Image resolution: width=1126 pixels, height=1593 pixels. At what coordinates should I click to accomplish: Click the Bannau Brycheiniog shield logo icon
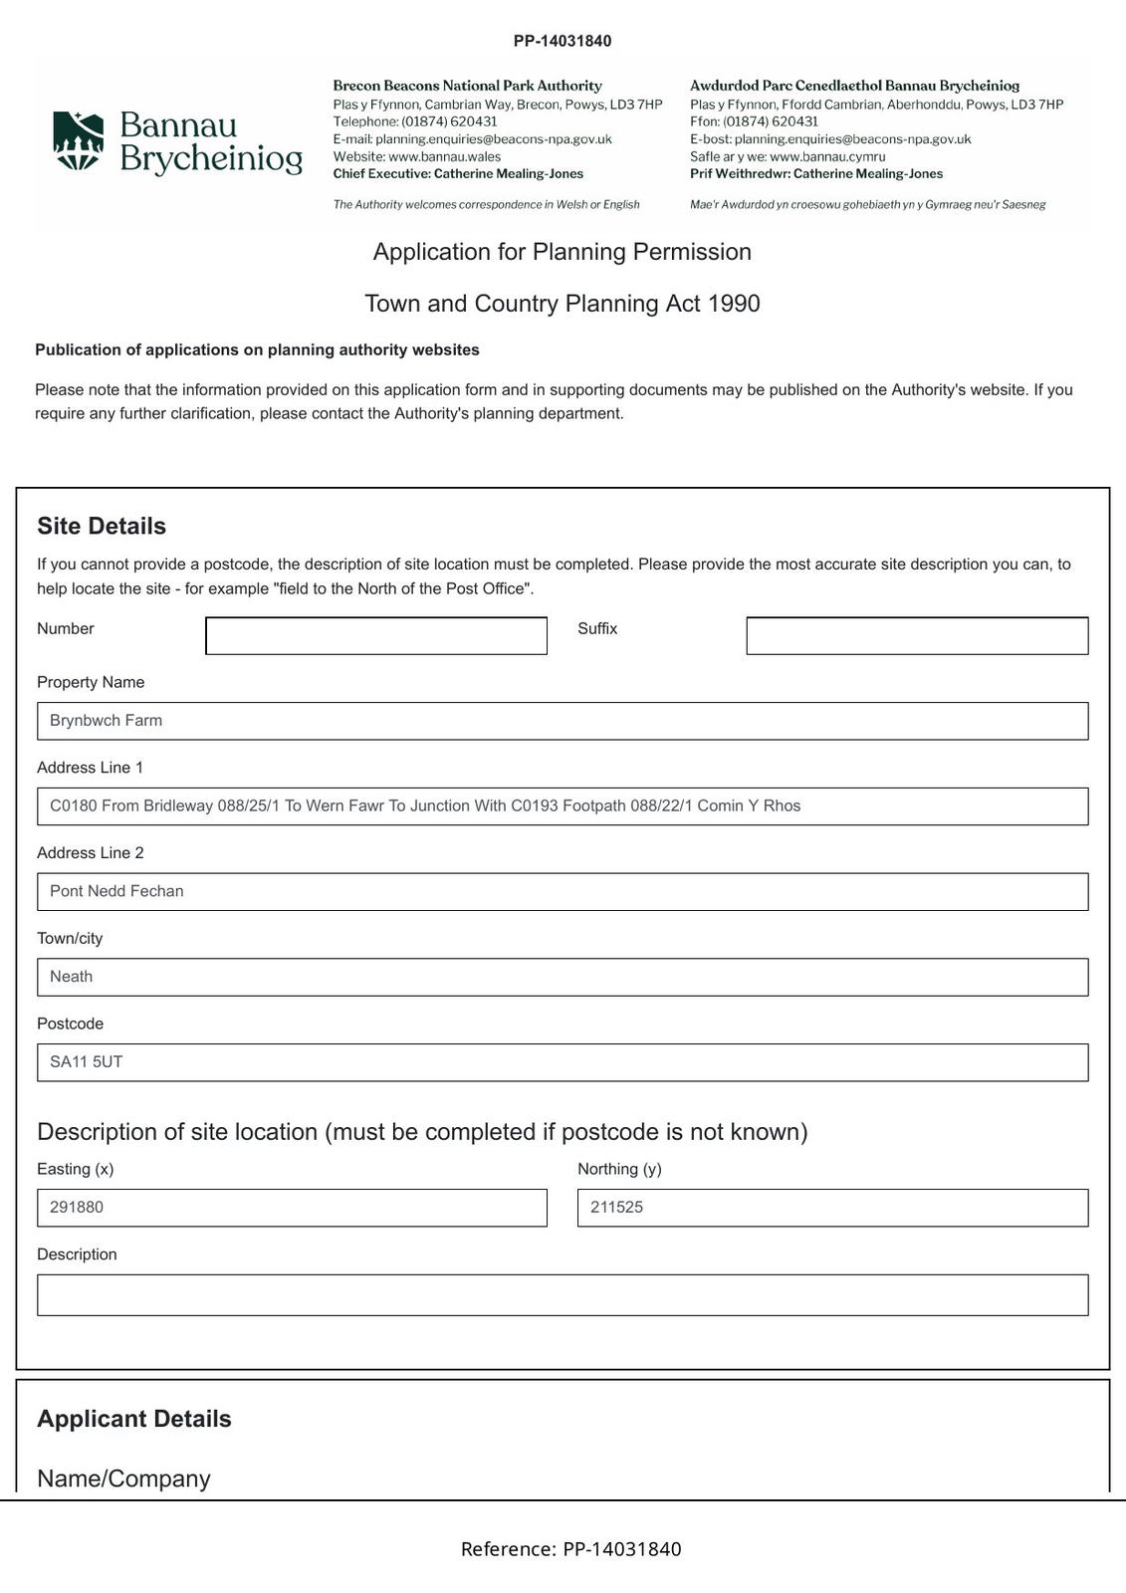(x=79, y=141)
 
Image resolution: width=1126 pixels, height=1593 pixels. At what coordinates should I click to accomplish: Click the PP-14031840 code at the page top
(x=563, y=41)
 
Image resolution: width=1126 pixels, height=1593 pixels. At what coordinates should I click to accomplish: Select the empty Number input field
(x=375, y=636)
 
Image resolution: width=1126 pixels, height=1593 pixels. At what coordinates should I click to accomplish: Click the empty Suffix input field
(x=916, y=636)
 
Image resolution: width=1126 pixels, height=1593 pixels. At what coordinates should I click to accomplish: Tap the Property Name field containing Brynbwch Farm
(x=563, y=721)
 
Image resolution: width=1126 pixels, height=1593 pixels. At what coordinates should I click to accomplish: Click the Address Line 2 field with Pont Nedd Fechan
(x=563, y=892)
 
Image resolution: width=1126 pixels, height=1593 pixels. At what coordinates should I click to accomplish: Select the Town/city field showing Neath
(x=563, y=977)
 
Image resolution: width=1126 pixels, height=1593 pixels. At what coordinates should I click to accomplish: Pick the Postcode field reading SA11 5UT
(x=563, y=1062)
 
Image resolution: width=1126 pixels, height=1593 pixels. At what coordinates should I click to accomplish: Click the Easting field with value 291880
(x=292, y=1208)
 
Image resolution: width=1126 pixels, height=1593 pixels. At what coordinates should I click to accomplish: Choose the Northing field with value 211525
(x=832, y=1208)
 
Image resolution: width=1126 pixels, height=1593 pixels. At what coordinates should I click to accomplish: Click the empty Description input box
(x=563, y=1295)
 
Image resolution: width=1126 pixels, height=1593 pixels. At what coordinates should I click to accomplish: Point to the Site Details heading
(x=102, y=526)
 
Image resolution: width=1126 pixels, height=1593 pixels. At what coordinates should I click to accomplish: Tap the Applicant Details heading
(x=134, y=1419)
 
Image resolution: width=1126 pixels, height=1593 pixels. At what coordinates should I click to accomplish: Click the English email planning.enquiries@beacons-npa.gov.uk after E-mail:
(x=493, y=139)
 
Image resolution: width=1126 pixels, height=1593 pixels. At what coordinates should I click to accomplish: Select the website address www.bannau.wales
(x=444, y=156)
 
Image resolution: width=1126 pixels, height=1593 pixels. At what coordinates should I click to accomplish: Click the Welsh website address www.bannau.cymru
(x=827, y=156)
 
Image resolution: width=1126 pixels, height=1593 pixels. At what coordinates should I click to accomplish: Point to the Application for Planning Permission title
(x=563, y=252)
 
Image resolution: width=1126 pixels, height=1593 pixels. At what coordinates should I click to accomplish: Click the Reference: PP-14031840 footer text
(x=570, y=1549)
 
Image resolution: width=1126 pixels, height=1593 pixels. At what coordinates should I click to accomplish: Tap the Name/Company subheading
(x=123, y=1479)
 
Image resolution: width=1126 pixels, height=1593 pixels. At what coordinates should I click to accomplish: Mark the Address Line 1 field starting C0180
(x=563, y=806)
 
